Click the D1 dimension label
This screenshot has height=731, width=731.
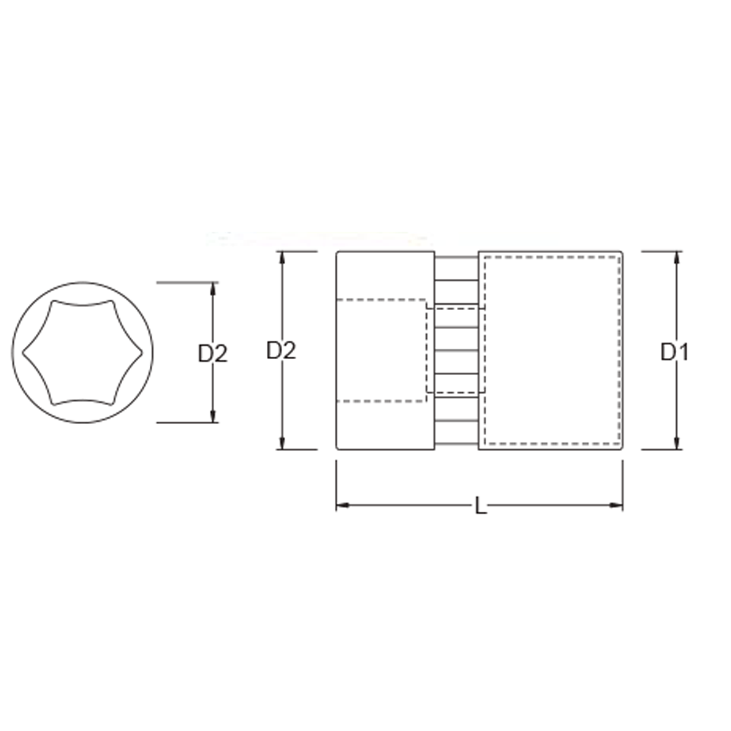click(x=675, y=352)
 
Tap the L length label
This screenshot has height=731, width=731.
click(x=480, y=506)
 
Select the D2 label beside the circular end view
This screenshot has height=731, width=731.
click(x=213, y=354)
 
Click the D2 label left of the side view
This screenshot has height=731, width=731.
click(x=281, y=351)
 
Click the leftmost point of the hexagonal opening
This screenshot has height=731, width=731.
click(x=23, y=352)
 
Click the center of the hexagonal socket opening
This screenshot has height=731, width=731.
click(x=82, y=352)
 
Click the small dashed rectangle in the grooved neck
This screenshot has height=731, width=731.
click(x=453, y=351)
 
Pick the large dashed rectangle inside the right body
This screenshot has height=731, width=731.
click(x=552, y=351)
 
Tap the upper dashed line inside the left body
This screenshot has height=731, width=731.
click(x=380, y=300)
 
